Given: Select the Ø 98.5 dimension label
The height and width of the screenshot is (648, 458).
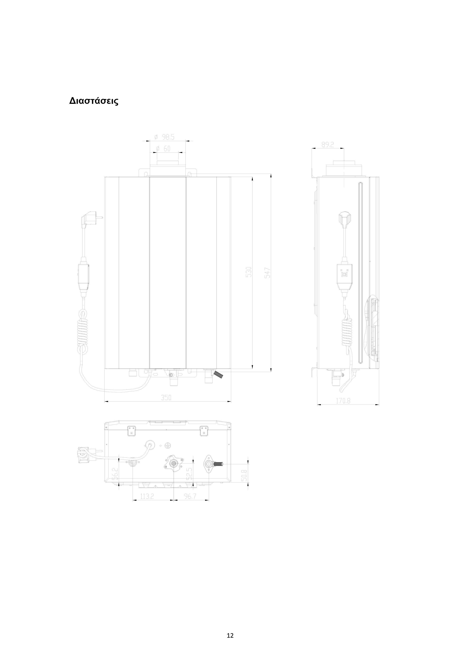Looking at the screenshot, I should pos(164,137).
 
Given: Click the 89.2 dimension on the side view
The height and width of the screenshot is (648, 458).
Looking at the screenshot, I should pos(328,144).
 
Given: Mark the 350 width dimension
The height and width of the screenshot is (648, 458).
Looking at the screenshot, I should pos(166,398).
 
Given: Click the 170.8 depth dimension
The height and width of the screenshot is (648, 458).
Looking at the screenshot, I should pos(343,401).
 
